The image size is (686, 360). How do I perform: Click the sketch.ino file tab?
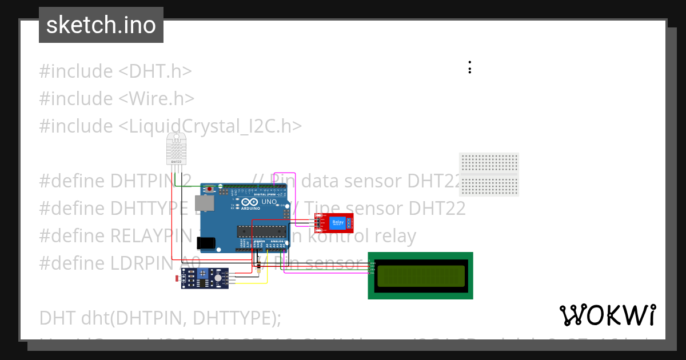click(101, 25)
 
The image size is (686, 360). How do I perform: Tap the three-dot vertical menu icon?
click(469, 67)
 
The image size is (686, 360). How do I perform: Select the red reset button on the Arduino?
click(211, 189)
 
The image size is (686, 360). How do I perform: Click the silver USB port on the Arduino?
click(204, 203)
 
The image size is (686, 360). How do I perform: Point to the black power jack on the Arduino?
click(206, 243)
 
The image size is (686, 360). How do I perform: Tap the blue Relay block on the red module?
click(338, 222)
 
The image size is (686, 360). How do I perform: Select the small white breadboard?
click(489, 174)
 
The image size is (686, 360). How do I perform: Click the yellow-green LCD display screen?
click(420, 275)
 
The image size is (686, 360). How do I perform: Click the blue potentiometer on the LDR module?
click(202, 275)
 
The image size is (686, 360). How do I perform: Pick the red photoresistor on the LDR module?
click(177, 279)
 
